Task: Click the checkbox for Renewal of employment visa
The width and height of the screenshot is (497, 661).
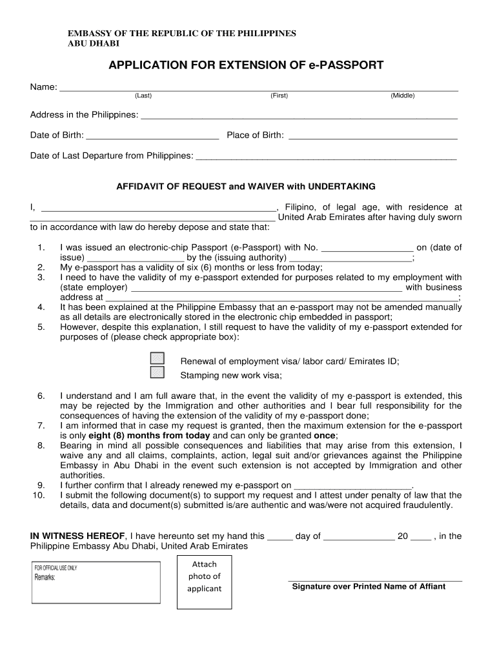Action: click(157, 358)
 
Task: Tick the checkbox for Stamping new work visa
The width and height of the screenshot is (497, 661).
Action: click(157, 372)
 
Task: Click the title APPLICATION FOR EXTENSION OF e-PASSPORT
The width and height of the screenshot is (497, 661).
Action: click(246, 65)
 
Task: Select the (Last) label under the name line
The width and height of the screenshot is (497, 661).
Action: click(143, 96)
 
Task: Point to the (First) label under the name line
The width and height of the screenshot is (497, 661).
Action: click(279, 96)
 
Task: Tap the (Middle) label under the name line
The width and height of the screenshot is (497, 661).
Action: click(403, 96)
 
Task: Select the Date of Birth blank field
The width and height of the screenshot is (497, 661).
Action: click(152, 136)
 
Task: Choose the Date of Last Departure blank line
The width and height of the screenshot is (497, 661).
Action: click(326, 156)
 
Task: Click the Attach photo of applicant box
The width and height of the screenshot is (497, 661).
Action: click(204, 576)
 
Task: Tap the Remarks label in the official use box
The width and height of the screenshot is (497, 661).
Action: click(45, 577)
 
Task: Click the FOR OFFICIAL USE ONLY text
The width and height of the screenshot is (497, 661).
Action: click(56, 567)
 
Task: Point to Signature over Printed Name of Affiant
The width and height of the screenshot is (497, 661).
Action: click(369, 587)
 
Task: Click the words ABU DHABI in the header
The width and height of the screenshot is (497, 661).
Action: click(94, 43)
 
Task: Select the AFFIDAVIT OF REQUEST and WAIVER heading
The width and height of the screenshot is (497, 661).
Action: click(245, 187)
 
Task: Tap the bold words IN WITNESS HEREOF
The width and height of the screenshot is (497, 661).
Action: click(78, 536)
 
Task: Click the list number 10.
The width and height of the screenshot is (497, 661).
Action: click(38, 495)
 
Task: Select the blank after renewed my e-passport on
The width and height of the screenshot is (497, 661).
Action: click(352, 485)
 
